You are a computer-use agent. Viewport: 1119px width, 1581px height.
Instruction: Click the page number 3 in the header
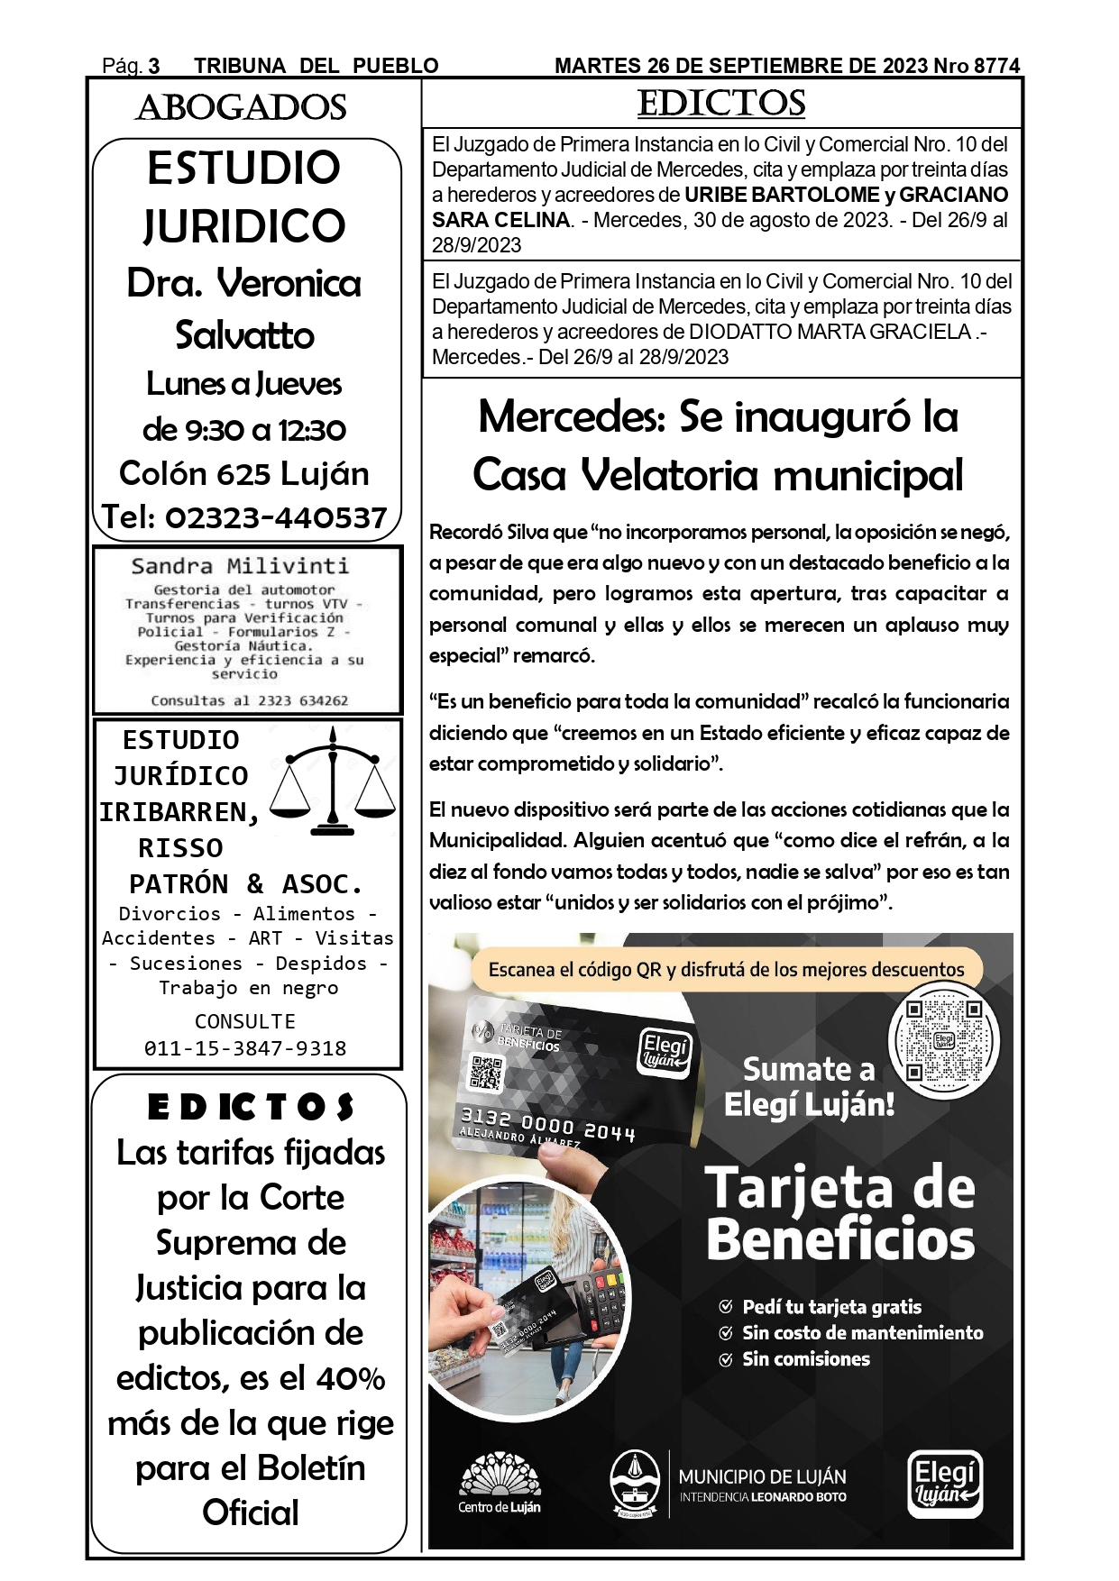(x=154, y=66)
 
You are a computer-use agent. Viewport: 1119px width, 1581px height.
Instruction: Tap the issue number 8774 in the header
(x=996, y=66)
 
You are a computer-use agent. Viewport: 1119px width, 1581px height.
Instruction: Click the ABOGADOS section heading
(x=241, y=108)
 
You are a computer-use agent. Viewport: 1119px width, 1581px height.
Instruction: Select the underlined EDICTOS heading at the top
(x=721, y=104)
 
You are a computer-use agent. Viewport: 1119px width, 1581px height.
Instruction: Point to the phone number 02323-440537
(x=276, y=517)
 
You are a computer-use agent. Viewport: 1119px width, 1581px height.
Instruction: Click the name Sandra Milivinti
(x=240, y=566)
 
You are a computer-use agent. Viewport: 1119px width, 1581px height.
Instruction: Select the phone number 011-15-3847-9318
(x=245, y=1048)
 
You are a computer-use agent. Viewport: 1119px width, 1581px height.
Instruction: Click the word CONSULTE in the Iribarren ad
(x=245, y=1021)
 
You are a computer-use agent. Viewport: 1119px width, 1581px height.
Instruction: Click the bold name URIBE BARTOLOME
(x=781, y=195)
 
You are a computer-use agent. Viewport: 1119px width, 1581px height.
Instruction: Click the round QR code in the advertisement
(x=944, y=1040)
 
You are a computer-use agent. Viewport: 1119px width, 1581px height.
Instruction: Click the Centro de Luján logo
(x=500, y=1483)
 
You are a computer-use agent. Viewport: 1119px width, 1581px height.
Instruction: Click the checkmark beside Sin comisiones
(x=725, y=1360)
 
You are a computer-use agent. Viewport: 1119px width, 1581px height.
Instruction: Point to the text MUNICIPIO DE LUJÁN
(x=762, y=1476)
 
